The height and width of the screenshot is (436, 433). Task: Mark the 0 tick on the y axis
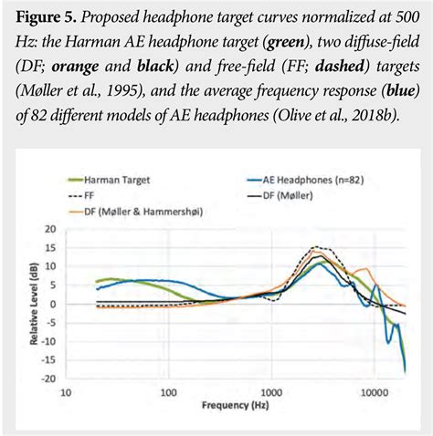pos(51,304)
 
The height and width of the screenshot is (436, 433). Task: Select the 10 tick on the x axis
pos(65,394)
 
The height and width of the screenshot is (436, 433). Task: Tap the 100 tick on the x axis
pos(168,394)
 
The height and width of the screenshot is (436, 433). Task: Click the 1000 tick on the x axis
pos(270,394)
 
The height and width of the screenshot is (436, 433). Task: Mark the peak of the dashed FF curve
pos(318,247)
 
